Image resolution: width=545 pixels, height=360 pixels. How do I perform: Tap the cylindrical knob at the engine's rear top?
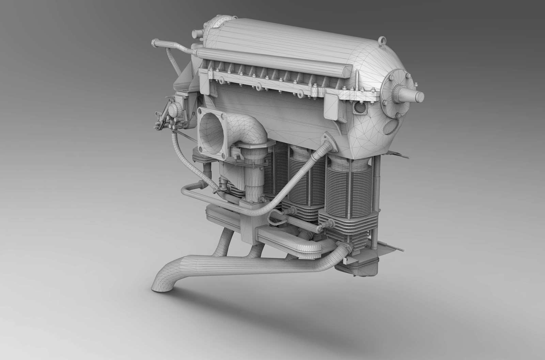click(197, 33)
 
